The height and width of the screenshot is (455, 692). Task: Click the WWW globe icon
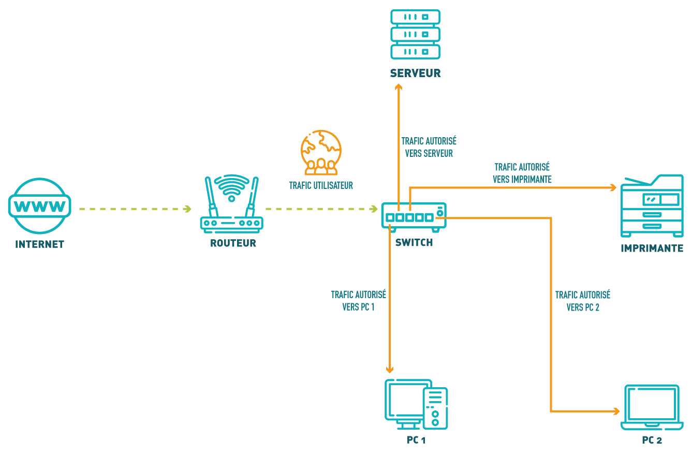point(39,206)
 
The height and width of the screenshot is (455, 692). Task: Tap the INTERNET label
point(39,244)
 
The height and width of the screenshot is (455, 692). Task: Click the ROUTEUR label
point(233,243)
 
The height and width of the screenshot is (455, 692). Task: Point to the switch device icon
point(414,215)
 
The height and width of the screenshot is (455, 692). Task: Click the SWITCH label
point(414,242)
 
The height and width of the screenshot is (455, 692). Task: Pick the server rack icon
point(415,34)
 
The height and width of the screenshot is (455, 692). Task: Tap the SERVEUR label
point(416,73)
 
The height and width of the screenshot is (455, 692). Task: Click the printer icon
point(652,206)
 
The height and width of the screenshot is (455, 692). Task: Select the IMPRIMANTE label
point(652,248)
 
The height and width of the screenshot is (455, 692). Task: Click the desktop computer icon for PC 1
point(416,404)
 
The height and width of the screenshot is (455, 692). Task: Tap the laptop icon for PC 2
point(652,407)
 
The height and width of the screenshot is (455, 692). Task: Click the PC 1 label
point(416,441)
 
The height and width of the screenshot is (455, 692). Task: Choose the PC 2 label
point(652,441)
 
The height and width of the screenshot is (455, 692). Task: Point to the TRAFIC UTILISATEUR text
point(321,185)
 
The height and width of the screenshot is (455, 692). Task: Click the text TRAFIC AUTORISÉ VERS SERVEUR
point(429,147)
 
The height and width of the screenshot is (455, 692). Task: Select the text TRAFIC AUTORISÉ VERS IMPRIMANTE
point(522,173)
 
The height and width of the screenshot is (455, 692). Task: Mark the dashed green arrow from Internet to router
point(135,209)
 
